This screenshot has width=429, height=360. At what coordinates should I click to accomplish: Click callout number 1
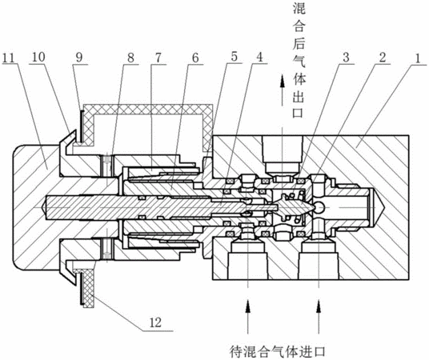(x=417, y=58)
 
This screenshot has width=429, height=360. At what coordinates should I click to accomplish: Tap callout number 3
(x=346, y=58)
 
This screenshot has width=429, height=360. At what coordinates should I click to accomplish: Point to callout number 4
(x=259, y=58)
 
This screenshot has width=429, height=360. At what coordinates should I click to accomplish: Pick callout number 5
(x=234, y=58)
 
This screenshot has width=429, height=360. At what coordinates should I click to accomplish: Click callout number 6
(x=194, y=58)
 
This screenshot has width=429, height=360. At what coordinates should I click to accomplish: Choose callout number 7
(x=158, y=58)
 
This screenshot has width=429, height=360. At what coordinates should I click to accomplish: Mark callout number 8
(x=130, y=58)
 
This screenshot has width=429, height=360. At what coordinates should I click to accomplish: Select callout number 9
(x=79, y=58)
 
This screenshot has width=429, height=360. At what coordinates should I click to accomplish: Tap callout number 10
(x=38, y=58)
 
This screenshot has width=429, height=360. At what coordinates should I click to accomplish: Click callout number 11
(x=9, y=58)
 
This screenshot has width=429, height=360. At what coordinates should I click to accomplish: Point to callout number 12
(x=155, y=322)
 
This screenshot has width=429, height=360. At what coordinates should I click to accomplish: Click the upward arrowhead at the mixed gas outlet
(x=282, y=82)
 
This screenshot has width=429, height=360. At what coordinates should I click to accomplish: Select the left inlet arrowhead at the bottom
(x=248, y=306)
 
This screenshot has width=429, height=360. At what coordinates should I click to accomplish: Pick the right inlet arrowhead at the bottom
(x=319, y=306)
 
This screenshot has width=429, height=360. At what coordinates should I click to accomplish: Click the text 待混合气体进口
(x=277, y=352)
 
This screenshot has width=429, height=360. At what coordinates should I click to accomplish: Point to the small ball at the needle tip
(x=319, y=206)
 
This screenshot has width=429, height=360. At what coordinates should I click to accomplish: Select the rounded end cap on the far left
(x=35, y=208)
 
